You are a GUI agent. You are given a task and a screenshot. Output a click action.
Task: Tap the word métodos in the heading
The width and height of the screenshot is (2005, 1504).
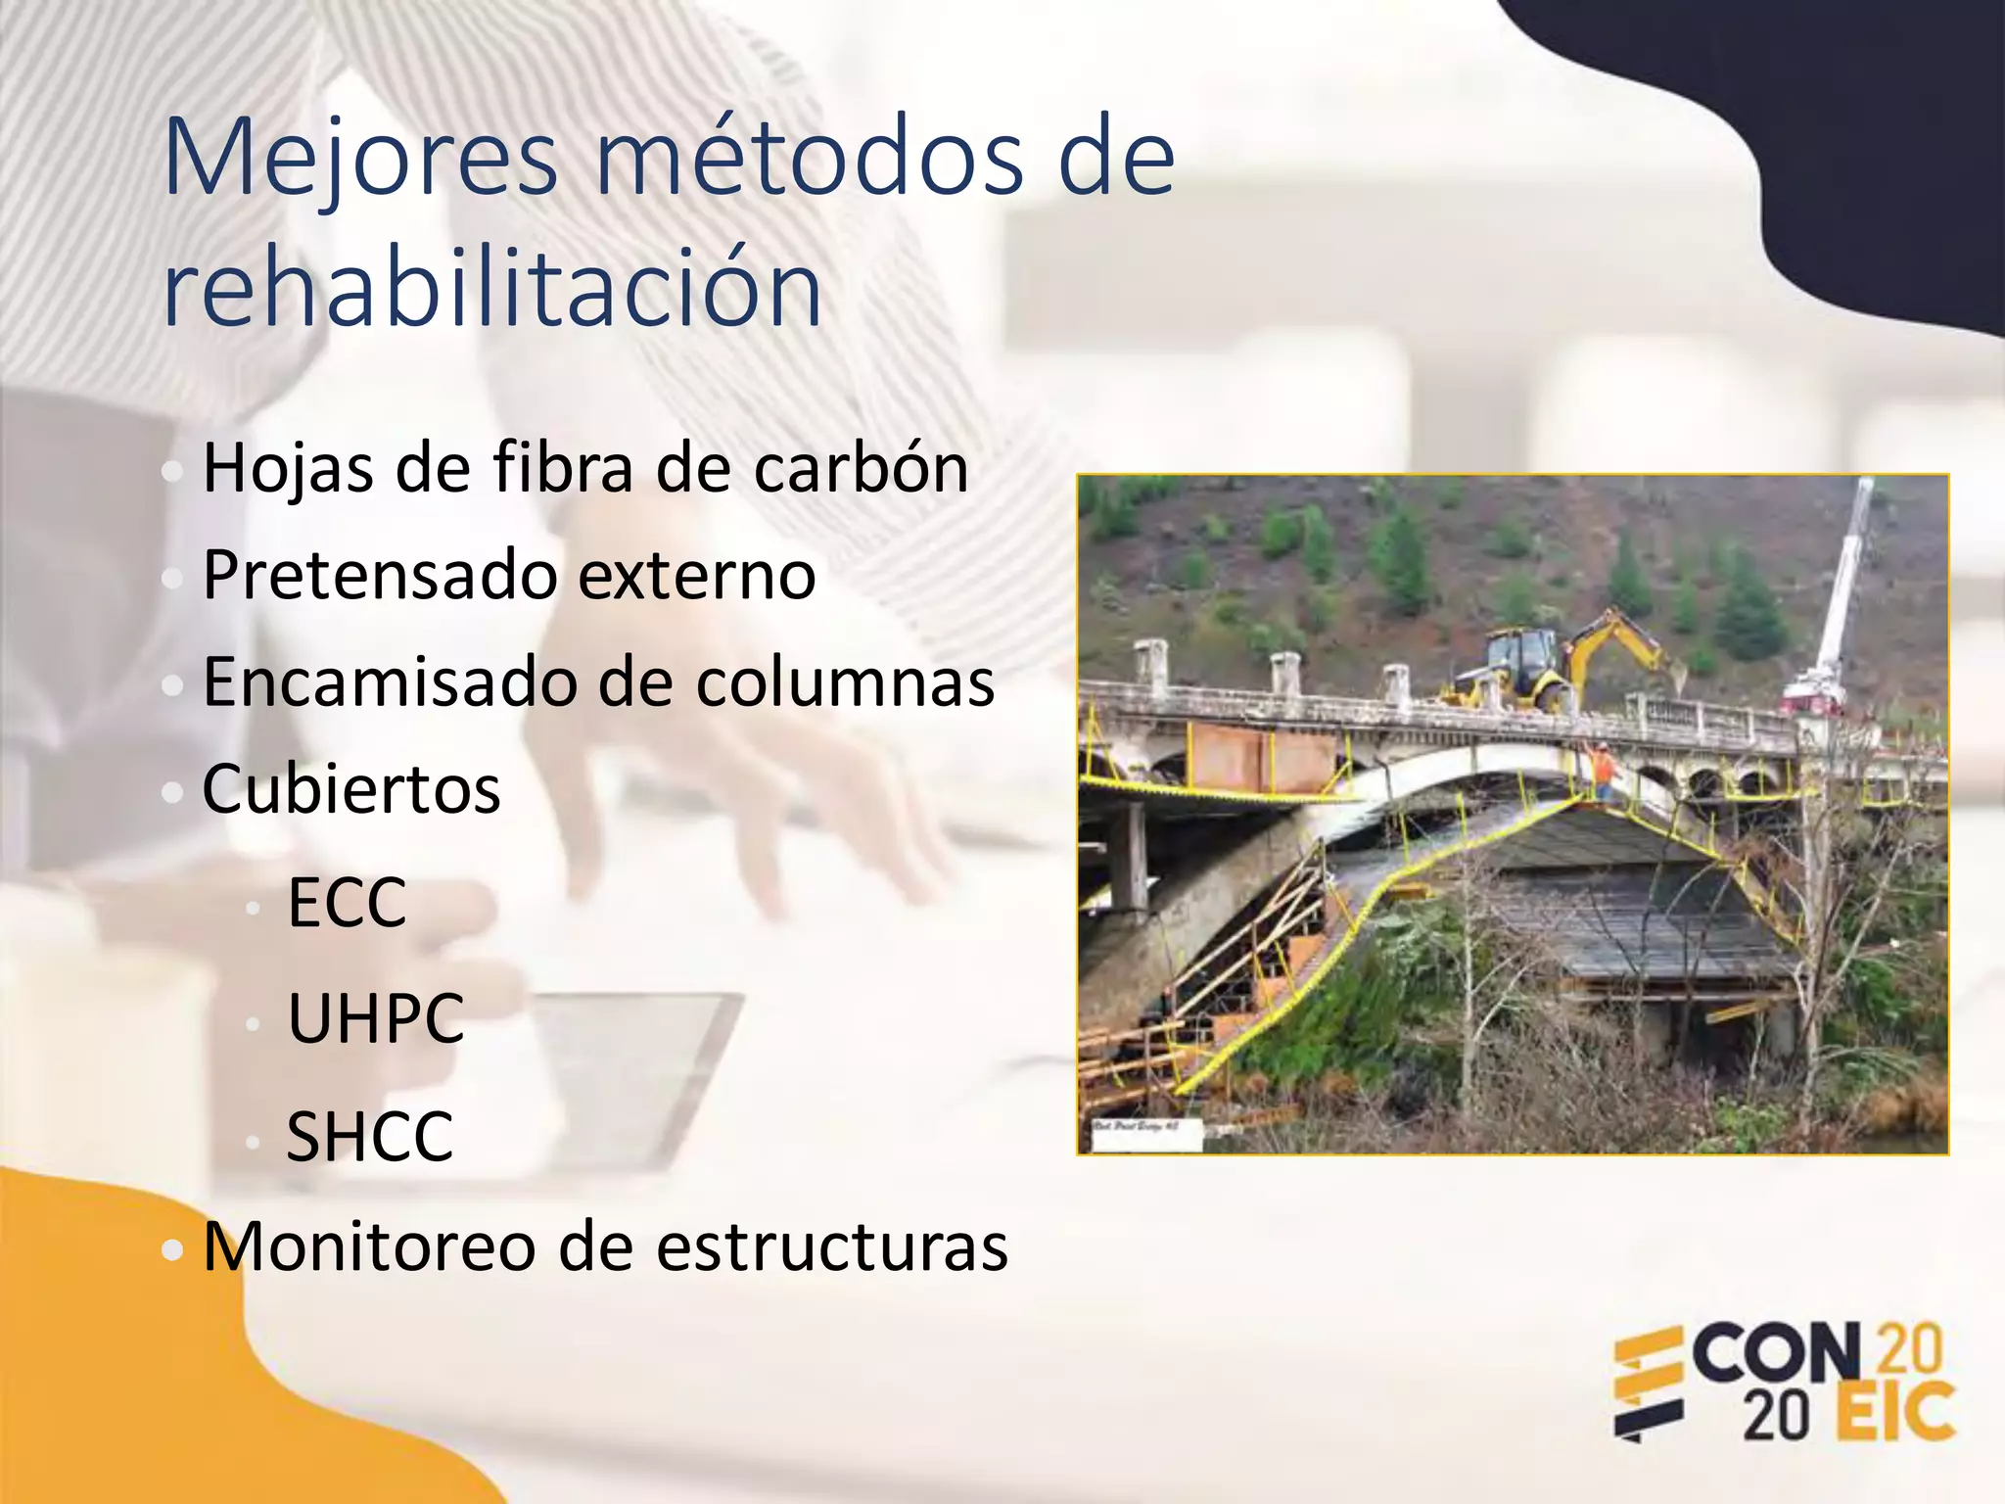coord(808,157)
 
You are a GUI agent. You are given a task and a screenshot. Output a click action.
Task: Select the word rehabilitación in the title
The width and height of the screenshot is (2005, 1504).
coord(492,289)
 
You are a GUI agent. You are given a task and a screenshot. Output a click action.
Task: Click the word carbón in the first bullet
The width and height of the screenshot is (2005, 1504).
coord(861,468)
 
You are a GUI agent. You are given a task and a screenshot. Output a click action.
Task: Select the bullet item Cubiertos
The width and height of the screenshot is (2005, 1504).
coord(351,789)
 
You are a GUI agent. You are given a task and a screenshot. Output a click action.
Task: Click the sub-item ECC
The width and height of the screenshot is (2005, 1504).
coord(347,903)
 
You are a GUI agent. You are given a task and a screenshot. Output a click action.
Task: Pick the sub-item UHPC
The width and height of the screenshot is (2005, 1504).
coord(375,1019)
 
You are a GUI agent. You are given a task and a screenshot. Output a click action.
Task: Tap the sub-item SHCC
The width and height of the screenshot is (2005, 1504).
coord(369,1137)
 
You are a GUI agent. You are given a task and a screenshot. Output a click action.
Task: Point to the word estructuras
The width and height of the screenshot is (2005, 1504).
coord(831,1247)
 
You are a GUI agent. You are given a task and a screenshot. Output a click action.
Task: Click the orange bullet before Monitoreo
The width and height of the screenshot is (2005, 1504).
coord(172,1249)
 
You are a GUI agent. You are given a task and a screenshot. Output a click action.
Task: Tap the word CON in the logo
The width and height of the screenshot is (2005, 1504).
coord(1776,1355)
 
